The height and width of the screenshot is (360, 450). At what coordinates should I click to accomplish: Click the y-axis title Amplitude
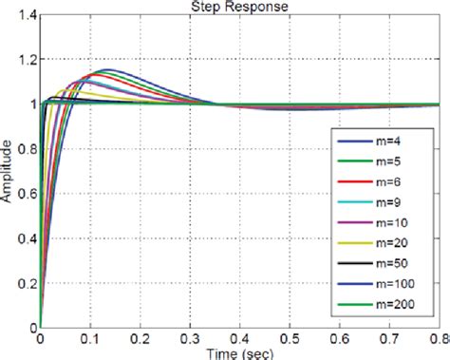click(x=9, y=171)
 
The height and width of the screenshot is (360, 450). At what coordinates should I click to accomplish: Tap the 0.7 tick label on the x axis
click(x=389, y=336)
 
